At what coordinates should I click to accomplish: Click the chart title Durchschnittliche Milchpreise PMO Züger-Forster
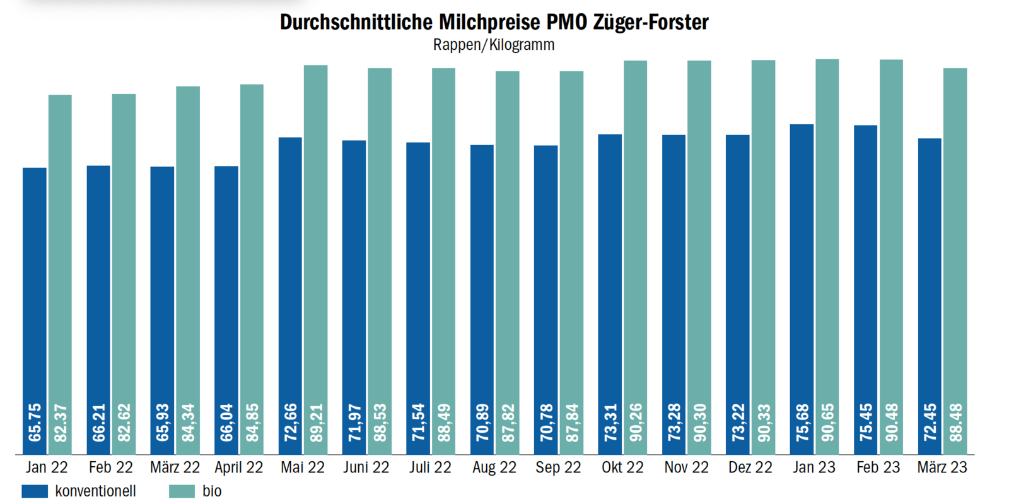[494, 22]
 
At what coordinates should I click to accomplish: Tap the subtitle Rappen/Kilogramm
[494, 45]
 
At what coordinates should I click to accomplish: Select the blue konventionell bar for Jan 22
[35, 284]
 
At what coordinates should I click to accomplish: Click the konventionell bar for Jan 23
[802, 265]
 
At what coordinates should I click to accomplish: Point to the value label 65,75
[35, 423]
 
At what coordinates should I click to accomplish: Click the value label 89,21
[316, 423]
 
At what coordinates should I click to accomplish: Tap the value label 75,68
[802, 423]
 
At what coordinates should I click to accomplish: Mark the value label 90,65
[827, 423]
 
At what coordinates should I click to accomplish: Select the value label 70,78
[546, 423]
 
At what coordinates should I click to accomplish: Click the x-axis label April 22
[238, 467]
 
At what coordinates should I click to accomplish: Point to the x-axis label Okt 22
[622, 467]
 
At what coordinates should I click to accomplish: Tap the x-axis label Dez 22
[750, 467]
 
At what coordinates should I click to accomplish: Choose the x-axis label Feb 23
[878, 467]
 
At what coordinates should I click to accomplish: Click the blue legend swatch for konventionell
[35, 491]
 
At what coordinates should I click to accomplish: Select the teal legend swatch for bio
[182, 491]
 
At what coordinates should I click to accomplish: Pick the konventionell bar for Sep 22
[545, 284]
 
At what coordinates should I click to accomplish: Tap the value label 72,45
[930, 423]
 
